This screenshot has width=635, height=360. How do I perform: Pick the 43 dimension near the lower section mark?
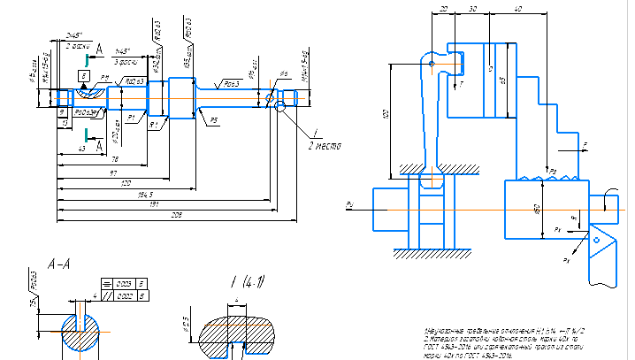pyautogui.click(x=82, y=149)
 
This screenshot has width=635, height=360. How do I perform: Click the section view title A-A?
pyautogui.click(x=58, y=263)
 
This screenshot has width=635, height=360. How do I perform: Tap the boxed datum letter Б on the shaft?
pyautogui.click(x=82, y=78)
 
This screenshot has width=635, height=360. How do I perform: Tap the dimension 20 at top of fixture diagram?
pyautogui.click(x=442, y=7)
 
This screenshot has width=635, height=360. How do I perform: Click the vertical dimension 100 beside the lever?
pyautogui.click(x=386, y=116)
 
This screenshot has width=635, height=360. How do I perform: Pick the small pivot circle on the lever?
pyautogui.click(x=431, y=64)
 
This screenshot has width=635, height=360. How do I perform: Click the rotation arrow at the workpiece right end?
pyautogui.click(x=611, y=202)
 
